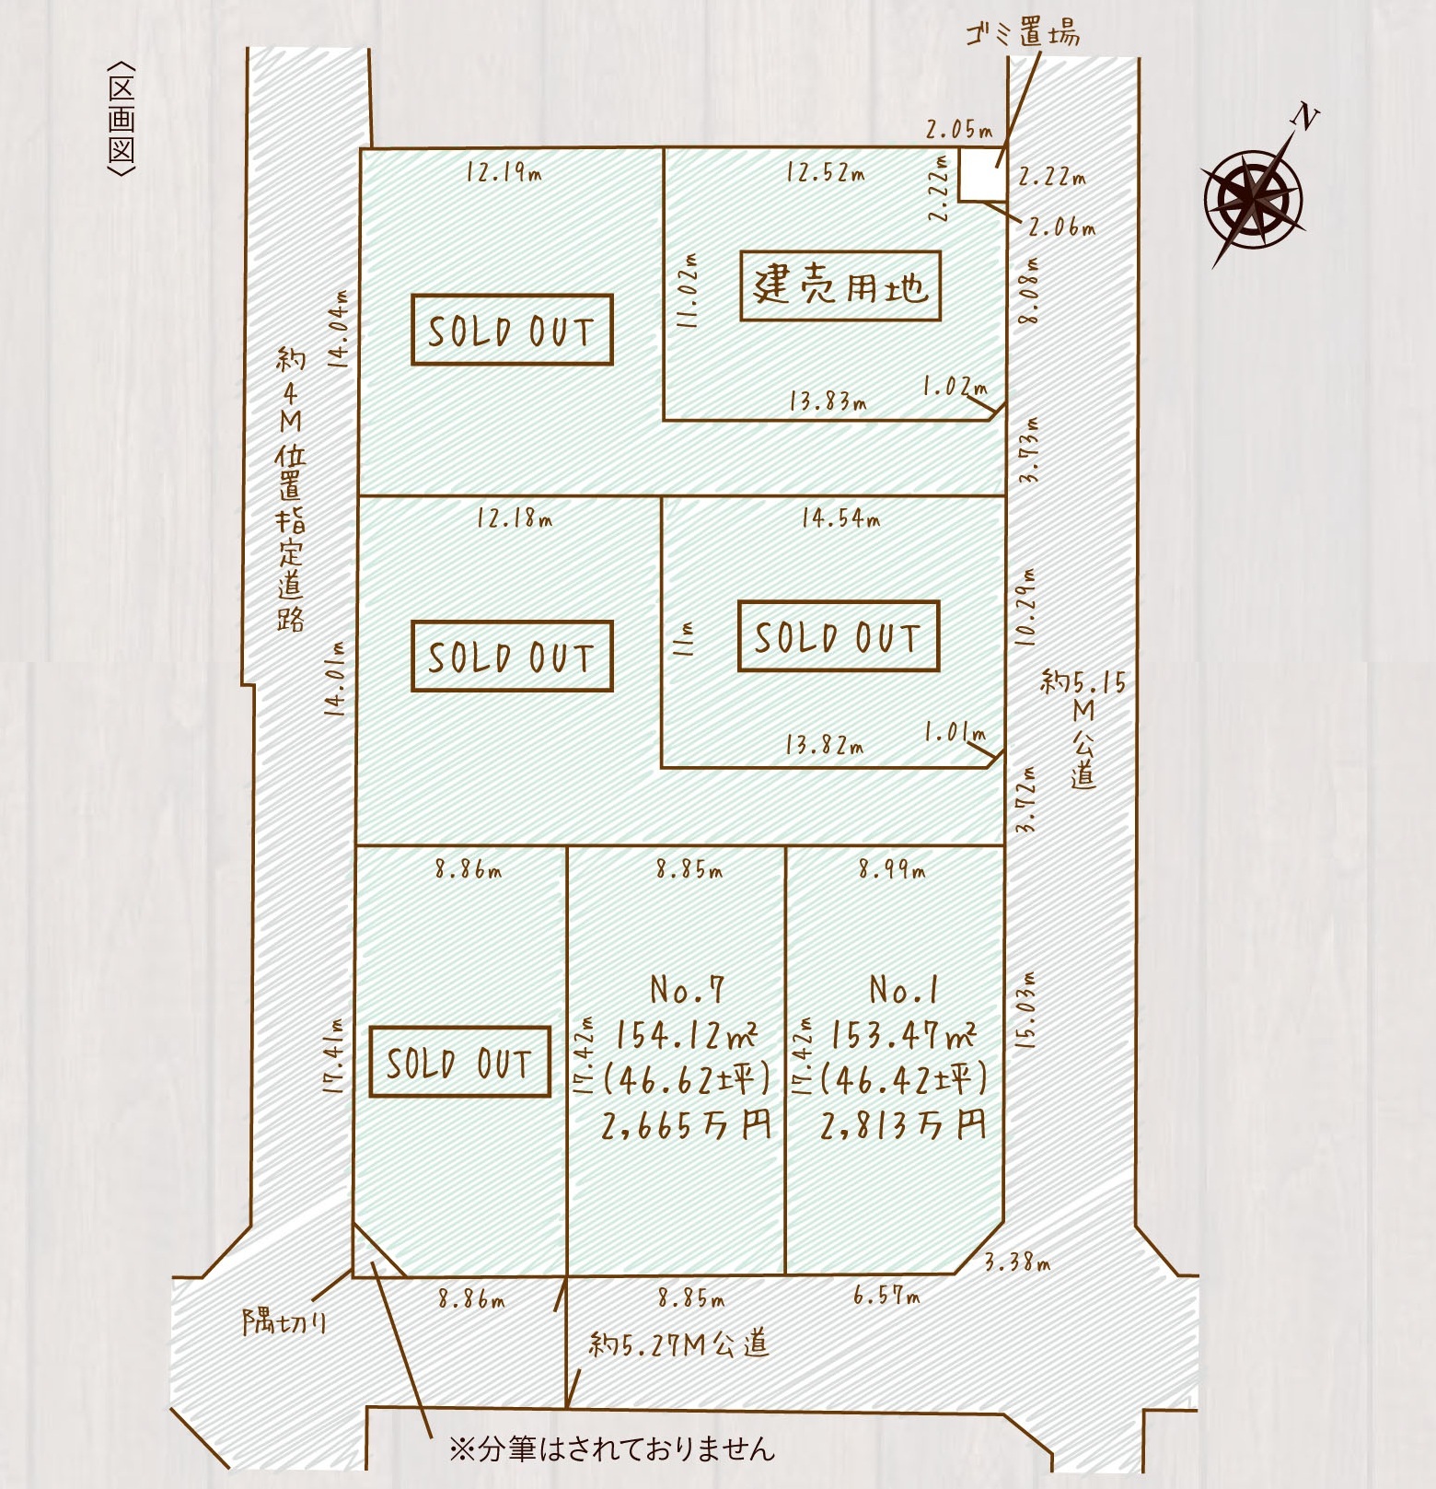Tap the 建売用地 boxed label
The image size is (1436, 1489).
[x=840, y=286]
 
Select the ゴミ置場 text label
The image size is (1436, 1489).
[x=1022, y=34]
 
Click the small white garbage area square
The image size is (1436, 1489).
[x=982, y=173]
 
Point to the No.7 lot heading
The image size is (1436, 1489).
[x=687, y=990]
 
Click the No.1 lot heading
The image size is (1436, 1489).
[x=904, y=990]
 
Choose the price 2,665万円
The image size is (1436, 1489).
[x=686, y=1125]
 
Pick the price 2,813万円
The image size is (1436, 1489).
[x=902, y=1125]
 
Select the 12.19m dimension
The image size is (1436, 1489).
[x=504, y=172]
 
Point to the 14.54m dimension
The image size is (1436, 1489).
[x=840, y=518]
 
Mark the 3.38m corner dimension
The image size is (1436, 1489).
[x=1017, y=1262]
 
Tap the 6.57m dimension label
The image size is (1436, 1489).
[x=886, y=1297]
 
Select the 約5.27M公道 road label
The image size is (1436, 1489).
[x=678, y=1344]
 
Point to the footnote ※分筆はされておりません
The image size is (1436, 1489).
[x=612, y=1448]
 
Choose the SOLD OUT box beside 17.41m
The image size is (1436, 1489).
[x=459, y=1062]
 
